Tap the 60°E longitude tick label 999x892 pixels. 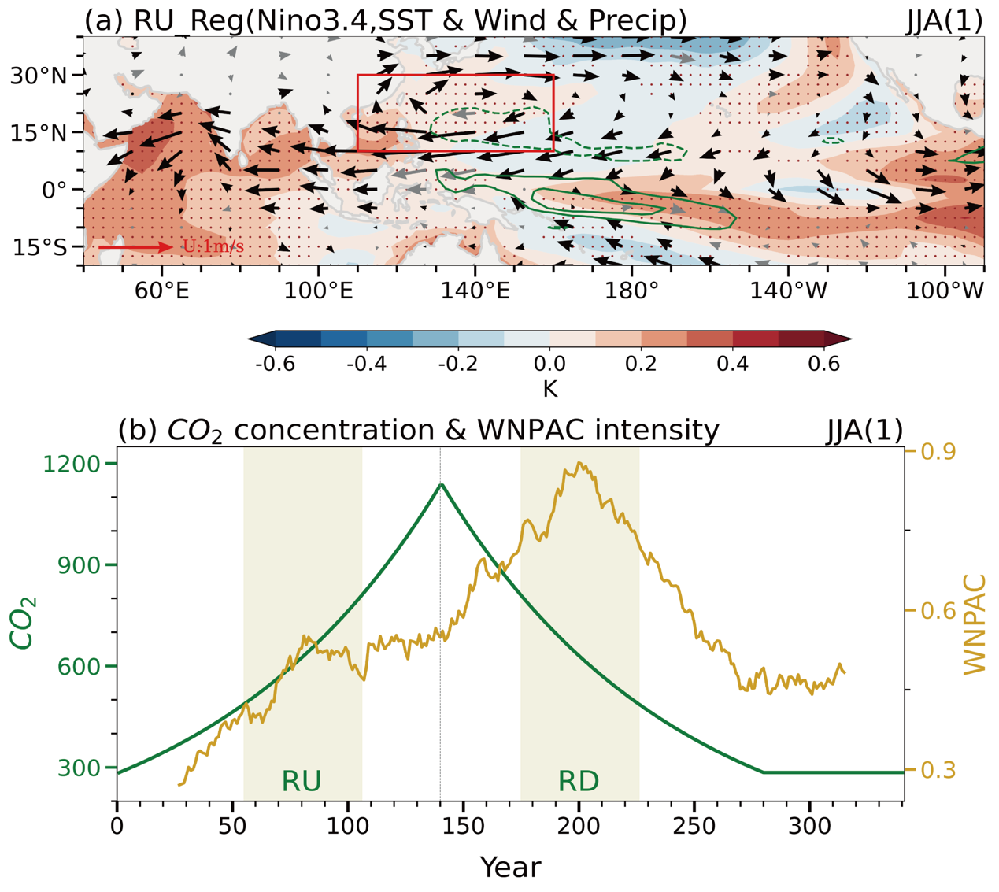[161, 291]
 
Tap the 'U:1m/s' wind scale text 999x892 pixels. [213, 247]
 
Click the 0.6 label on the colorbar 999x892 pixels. [824, 364]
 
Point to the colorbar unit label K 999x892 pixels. [549, 388]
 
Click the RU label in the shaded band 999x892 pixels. [302, 781]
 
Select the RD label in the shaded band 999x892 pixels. [579, 781]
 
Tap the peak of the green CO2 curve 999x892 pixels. [442, 484]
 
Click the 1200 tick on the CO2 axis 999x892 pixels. [80, 464]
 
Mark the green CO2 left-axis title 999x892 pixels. [23, 622]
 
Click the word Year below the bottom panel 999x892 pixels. [510, 867]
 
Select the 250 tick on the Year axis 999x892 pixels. [694, 827]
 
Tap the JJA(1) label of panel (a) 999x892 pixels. [945, 20]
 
